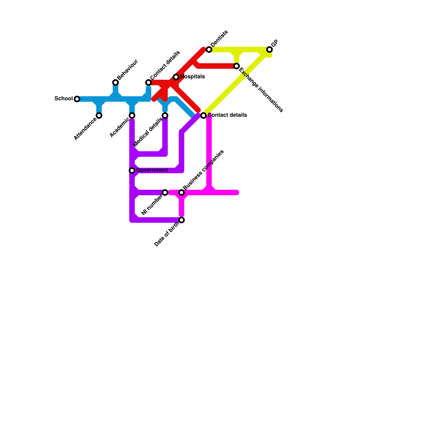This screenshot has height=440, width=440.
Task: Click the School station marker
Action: (77, 99)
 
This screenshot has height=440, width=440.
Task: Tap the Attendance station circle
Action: (99, 116)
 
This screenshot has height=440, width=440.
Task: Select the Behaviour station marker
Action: (116, 82)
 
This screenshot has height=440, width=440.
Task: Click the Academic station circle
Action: (132, 116)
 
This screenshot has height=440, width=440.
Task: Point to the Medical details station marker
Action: (165, 116)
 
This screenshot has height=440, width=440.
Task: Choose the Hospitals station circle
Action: (176, 77)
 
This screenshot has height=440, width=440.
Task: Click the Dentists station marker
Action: (209, 50)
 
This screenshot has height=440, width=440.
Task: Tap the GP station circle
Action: (269, 50)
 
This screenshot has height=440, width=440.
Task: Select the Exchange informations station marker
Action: (237, 66)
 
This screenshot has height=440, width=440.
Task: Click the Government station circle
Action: (132, 170)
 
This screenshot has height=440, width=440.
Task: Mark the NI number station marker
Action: (165, 193)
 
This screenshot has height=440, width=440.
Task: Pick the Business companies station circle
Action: (182, 193)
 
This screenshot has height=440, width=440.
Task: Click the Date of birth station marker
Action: (182, 220)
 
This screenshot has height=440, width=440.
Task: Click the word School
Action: (64, 98)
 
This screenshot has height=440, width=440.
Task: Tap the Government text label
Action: (152, 170)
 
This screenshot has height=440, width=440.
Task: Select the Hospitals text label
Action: (193, 76)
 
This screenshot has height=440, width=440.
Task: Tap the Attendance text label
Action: (85, 129)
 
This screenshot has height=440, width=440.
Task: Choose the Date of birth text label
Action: (167, 234)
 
